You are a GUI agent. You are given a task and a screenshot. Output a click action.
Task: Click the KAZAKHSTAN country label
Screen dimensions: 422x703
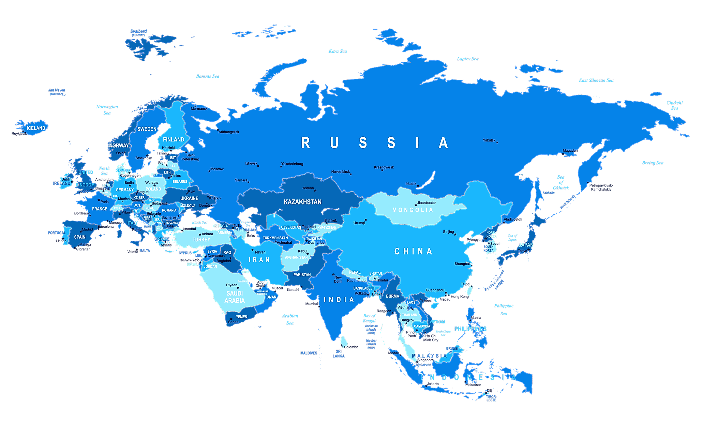(x=302, y=202)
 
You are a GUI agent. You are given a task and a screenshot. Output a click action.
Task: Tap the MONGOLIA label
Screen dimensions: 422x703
(x=413, y=210)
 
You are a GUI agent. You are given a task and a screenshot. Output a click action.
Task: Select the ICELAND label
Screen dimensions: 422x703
(x=36, y=128)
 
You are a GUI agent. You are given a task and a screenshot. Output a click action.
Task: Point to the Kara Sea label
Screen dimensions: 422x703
(x=338, y=51)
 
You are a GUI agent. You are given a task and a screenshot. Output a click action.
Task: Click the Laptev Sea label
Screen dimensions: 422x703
(x=467, y=59)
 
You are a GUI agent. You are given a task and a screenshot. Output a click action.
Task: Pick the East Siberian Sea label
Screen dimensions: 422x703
(x=596, y=81)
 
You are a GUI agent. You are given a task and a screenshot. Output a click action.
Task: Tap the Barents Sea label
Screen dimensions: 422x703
(x=208, y=76)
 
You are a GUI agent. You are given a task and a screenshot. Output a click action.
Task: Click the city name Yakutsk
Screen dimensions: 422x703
(x=489, y=140)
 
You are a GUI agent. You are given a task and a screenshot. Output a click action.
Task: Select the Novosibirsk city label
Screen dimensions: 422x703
(x=341, y=172)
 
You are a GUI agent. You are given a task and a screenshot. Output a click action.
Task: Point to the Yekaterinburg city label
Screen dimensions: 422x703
(x=292, y=164)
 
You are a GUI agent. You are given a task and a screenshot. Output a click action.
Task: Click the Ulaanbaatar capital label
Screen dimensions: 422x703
(x=426, y=203)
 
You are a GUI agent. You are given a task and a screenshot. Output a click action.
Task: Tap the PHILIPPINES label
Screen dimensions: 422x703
(x=470, y=329)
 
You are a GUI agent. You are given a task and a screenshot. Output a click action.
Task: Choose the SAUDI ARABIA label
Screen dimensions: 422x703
(x=235, y=297)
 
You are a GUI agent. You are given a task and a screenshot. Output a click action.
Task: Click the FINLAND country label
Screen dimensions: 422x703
(x=174, y=139)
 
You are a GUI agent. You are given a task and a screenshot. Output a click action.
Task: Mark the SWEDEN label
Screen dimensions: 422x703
(x=147, y=129)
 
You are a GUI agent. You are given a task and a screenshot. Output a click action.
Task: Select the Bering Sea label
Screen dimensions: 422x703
(x=653, y=163)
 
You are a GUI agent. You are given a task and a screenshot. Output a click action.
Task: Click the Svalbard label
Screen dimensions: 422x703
(x=139, y=31)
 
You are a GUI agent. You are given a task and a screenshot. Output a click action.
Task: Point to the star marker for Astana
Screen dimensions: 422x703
(x=315, y=191)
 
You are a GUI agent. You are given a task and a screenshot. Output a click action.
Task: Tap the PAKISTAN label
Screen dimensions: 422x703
(x=302, y=275)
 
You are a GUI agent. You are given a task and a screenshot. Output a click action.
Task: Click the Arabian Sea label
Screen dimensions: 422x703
(x=290, y=319)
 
